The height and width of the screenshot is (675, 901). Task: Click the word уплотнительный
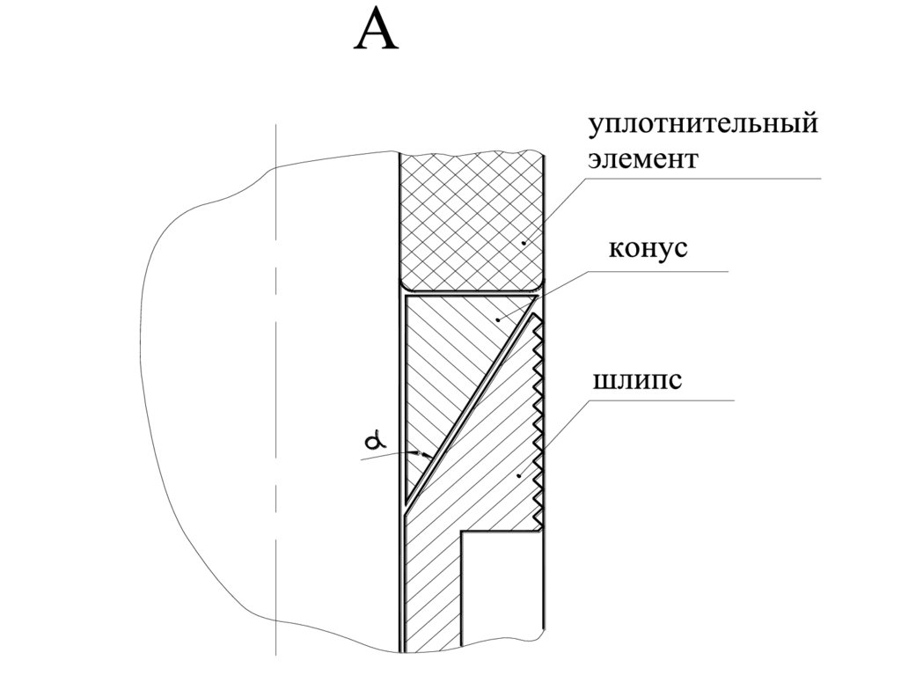[x=703, y=123]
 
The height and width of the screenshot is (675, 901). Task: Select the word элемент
[x=643, y=160]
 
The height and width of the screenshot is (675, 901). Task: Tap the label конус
[x=648, y=248]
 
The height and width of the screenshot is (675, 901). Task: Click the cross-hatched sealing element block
[x=471, y=220]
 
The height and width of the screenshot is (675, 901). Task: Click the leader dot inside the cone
[x=498, y=320]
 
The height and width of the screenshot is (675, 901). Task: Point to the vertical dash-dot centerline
[x=275, y=396]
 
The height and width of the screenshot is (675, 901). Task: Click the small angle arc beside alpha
[x=427, y=456]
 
